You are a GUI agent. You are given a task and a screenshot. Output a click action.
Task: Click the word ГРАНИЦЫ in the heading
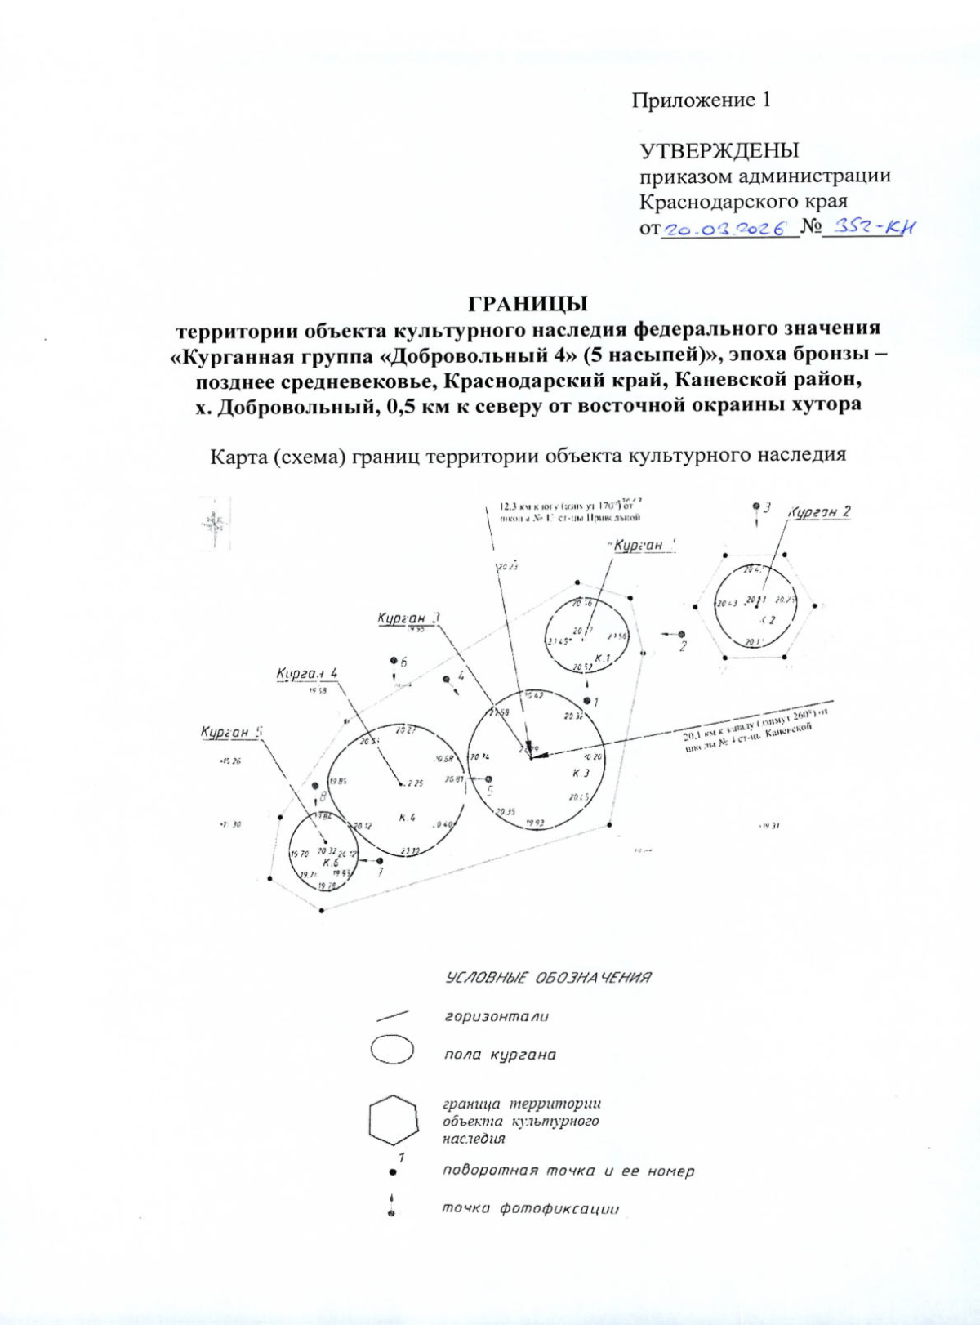click(528, 304)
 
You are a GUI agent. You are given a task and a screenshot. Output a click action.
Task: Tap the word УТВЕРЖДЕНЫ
click(719, 151)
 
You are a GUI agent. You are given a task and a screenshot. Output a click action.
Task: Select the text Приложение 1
click(702, 100)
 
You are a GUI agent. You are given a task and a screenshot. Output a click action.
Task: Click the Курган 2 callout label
click(820, 512)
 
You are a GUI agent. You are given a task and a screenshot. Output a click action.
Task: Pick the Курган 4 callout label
click(307, 674)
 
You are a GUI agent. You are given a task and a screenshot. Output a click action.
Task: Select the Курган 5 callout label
click(231, 732)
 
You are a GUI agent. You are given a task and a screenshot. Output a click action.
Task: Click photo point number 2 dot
click(682, 634)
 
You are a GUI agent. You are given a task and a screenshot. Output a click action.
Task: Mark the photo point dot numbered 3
click(756, 506)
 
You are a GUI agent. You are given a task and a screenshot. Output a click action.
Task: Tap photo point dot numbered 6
click(394, 660)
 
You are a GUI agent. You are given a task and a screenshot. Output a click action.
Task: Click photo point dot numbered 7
click(380, 860)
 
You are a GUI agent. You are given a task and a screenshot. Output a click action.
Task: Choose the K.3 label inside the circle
click(581, 773)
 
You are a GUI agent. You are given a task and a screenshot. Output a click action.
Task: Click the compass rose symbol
click(214, 523)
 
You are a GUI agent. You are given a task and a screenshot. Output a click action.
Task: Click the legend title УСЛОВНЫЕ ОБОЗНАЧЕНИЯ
click(548, 978)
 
